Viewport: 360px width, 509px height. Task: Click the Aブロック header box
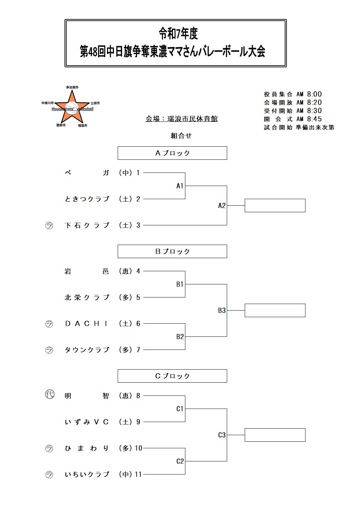tap(172, 153)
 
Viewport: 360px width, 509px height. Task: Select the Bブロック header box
tap(172, 252)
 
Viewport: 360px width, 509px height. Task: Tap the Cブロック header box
tap(172, 376)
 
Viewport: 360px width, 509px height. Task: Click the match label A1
tap(180, 186)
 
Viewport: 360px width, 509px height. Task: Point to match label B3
tap(222, 311)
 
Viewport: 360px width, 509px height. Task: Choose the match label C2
tap(180, 461)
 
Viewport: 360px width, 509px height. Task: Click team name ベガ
tap(87, 173)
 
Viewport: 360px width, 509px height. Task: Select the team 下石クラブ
tap(87, 225)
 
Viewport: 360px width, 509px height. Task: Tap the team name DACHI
tap(87, 324)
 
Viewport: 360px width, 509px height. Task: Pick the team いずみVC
tap(87, 422)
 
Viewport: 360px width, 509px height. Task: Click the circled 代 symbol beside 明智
tap(50, 394)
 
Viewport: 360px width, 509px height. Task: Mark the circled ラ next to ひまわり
tap(49, 449)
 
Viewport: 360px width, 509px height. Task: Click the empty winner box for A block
tap(275, 206)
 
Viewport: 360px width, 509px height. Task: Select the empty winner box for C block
tap(275, 435)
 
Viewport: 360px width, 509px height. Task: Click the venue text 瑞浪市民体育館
tap(192, 119)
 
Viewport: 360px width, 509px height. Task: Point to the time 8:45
tap(314, 119)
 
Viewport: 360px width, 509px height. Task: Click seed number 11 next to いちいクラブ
tap(138, 474)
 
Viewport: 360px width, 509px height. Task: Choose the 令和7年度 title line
tap(178, 34)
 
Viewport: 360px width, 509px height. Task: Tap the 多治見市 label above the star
tap(72, 87)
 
